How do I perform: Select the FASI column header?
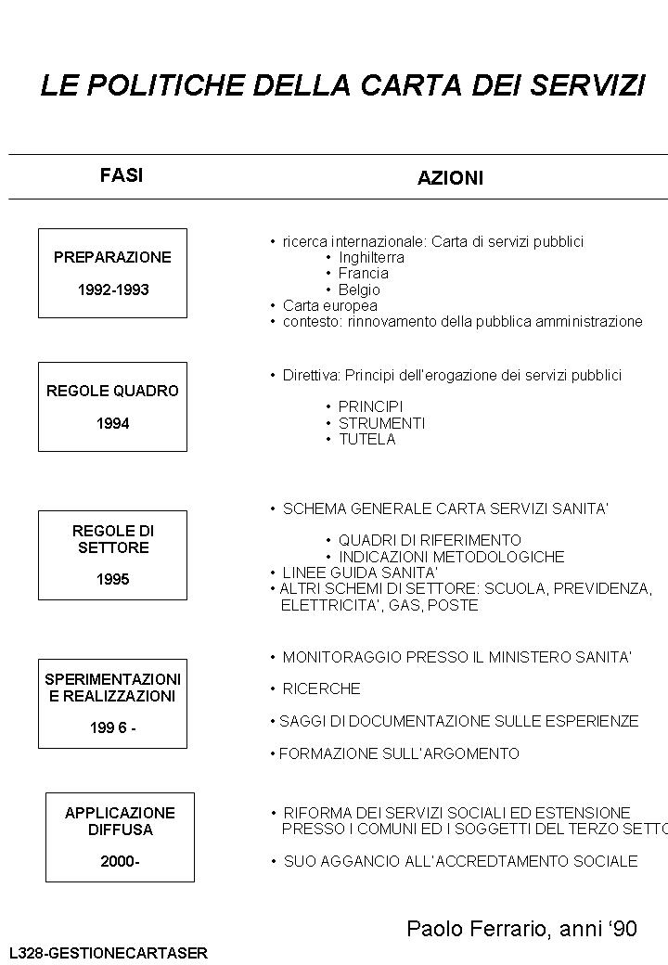click(122, 175)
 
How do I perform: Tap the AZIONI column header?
click(450, 178)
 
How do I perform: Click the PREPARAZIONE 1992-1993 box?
click(112, 273)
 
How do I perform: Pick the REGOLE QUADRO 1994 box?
click(112, 406)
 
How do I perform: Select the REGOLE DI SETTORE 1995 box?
click(112, 555)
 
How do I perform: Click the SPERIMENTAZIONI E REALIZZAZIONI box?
click(112, 703)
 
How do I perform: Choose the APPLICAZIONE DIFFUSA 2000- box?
click(120, 837)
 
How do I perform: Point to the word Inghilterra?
click(371, 257)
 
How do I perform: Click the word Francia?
click(363, 274)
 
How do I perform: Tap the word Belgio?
click(359, 289)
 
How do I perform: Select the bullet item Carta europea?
click(329, 305)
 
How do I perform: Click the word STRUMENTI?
click(381, 423)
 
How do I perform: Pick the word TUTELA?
click(366, 439)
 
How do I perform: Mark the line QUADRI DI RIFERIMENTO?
click(430, 540)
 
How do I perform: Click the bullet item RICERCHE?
click(321, 688)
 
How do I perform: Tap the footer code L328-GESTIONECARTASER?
click(108, 953)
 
